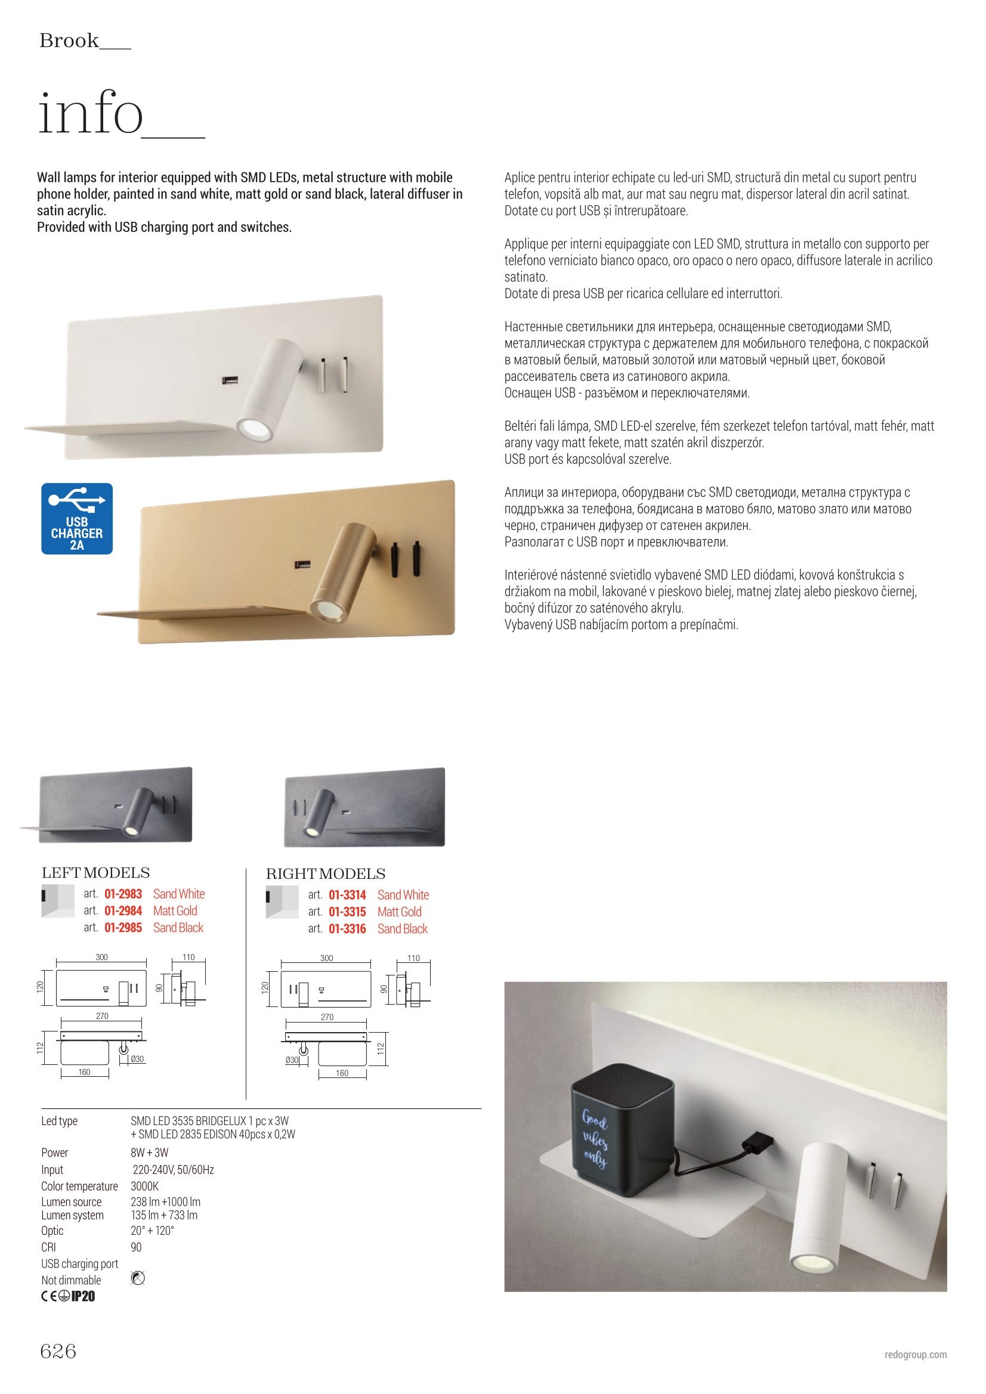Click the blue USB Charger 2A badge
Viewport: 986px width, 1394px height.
(x=76, y=519)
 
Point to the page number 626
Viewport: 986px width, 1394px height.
(x=58, y=1351)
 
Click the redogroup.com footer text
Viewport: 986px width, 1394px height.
(x=915, y=1355)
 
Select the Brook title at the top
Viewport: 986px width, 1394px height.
(x=69, y=41)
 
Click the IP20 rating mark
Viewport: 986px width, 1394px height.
(x=84, y=1296)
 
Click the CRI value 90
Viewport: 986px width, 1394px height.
(x=136, y=1247)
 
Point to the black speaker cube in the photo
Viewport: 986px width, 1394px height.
(x=622, y=1129)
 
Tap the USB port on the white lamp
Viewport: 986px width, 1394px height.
(x=230, y=380)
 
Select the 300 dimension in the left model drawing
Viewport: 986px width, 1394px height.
(x=101, y=957)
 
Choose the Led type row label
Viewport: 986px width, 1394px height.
(x=60, y=1121)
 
